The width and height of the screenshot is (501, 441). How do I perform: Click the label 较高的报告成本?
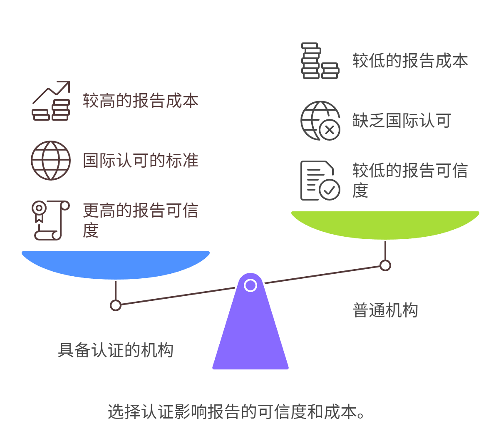[x=140, y=101]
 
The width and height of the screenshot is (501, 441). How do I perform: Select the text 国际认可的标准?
[x=140, y=161]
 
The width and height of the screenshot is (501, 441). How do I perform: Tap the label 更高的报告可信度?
[x=140, y=220]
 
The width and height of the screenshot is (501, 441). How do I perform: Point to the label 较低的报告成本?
[x=410, y=61]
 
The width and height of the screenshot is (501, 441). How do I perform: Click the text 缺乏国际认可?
[x=402, y=121]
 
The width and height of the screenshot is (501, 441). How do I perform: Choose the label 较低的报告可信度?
[x=410, y=180]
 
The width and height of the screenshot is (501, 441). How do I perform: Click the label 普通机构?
[x=385, y=310]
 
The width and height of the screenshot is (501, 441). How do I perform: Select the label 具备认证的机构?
[x=115, y=350]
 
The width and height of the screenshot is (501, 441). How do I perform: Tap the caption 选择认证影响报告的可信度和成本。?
[x=236, y=412]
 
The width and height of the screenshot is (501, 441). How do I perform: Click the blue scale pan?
[x=116, y=264]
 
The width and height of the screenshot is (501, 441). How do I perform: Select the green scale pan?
[x=385, y=225]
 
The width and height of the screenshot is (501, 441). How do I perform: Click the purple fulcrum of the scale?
[x=250, y=333]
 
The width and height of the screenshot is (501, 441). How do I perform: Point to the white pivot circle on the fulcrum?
[x=250, y=285]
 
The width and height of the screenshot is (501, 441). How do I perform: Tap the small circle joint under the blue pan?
[x=116, y=305]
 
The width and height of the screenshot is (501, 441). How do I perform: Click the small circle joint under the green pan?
[x=385, y=265]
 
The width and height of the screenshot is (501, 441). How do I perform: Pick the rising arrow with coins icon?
[x=51, y=101]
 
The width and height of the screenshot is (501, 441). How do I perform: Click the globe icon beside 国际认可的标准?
[x=51, y=161]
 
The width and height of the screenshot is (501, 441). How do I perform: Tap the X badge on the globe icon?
[x=330, y=130]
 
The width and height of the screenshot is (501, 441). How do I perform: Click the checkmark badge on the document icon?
[x=330, y=190]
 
